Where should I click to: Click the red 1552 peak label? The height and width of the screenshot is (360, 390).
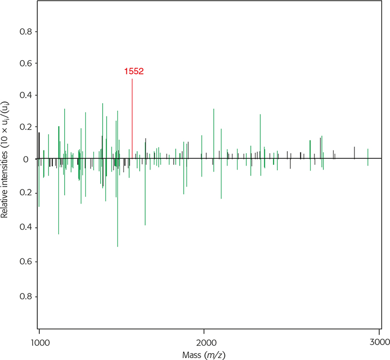pos(134,72)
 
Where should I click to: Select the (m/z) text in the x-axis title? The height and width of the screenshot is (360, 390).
pos(215,354)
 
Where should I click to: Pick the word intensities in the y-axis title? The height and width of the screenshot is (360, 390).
pos(6,167)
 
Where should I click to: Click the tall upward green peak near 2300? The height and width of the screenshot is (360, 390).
pos(261,133)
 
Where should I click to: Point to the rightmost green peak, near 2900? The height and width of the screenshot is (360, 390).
pos(368,156)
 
